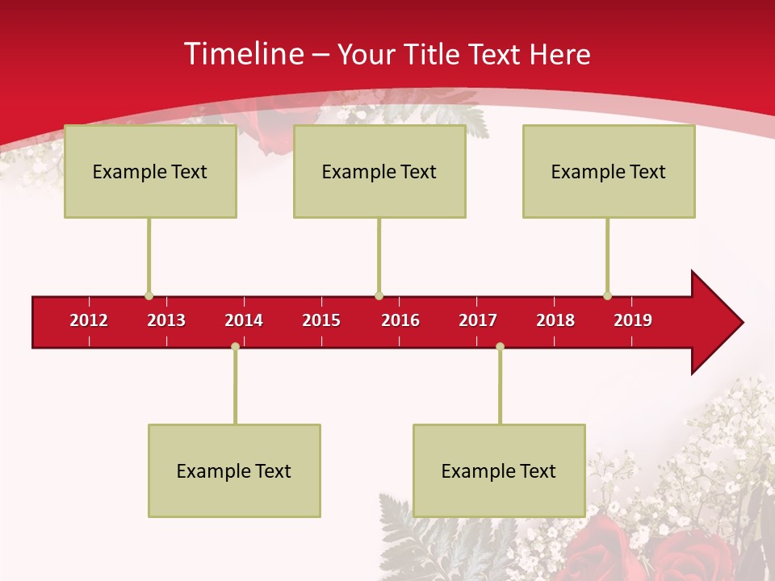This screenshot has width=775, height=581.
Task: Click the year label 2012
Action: (x=89, y=320)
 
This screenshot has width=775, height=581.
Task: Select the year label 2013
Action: (x=166, y=320)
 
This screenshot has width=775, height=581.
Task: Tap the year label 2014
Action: (x=244, y=320)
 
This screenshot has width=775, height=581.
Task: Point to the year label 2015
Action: (x=321, y=320)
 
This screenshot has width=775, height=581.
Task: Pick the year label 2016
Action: (x=400, y=320)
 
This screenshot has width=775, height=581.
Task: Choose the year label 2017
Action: (x=478, y=320)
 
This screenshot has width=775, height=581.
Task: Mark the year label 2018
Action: (x=555, y=320)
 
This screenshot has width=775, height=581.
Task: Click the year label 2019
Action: (x=633, y=320)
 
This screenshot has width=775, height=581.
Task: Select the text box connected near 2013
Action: (x=150, y=171)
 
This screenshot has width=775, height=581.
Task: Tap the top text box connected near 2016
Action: (x=379, y=171)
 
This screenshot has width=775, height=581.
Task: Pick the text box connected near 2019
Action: (x=609, y=171)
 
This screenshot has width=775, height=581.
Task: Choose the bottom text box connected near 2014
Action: (x=234, y=470)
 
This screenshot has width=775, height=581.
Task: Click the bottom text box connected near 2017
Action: (x=499, y=470)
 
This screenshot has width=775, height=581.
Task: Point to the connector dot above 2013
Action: (x=149, y=295)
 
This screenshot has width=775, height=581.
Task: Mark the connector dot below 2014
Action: (x=235, y=347)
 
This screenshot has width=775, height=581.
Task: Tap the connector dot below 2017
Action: (x=500, y=347)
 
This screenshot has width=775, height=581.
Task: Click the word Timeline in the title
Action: (x=243, y=54)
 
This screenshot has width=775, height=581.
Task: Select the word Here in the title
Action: (x=559, y=54)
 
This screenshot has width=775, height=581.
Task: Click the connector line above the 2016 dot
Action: (x=379, y=254)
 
